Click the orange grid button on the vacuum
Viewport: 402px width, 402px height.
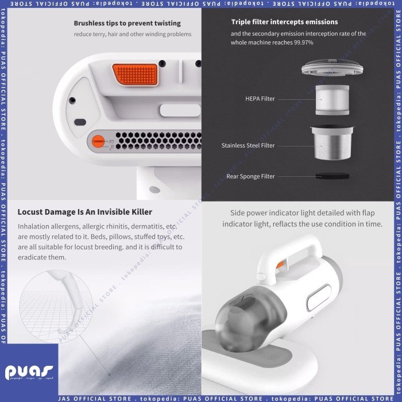click(135, 74)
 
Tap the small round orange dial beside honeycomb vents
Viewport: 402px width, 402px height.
click(98, 141)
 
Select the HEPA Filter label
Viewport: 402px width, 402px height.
click(260, 99)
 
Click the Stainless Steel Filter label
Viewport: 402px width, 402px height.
click(248, 145)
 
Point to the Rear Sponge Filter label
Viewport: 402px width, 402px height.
click(250, 176)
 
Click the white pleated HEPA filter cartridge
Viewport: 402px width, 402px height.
click(333, 100)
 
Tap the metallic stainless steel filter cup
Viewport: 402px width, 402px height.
click(333, 142)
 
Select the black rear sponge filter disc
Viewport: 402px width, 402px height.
click(333, 176)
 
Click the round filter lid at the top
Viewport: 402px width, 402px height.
click(333, 67)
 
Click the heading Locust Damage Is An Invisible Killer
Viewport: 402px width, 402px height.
click(85, 212)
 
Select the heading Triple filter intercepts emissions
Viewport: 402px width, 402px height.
click(285, 22)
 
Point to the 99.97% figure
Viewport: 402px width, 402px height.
click(304, 42)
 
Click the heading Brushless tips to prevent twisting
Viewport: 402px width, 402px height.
click(127, 24)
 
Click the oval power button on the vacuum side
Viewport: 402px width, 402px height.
click(319, 297)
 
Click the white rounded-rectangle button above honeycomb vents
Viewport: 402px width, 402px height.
click(180, 110)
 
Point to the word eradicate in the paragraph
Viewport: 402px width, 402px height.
click(32, 257)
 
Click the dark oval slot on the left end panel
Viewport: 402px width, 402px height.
click(80, 122)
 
